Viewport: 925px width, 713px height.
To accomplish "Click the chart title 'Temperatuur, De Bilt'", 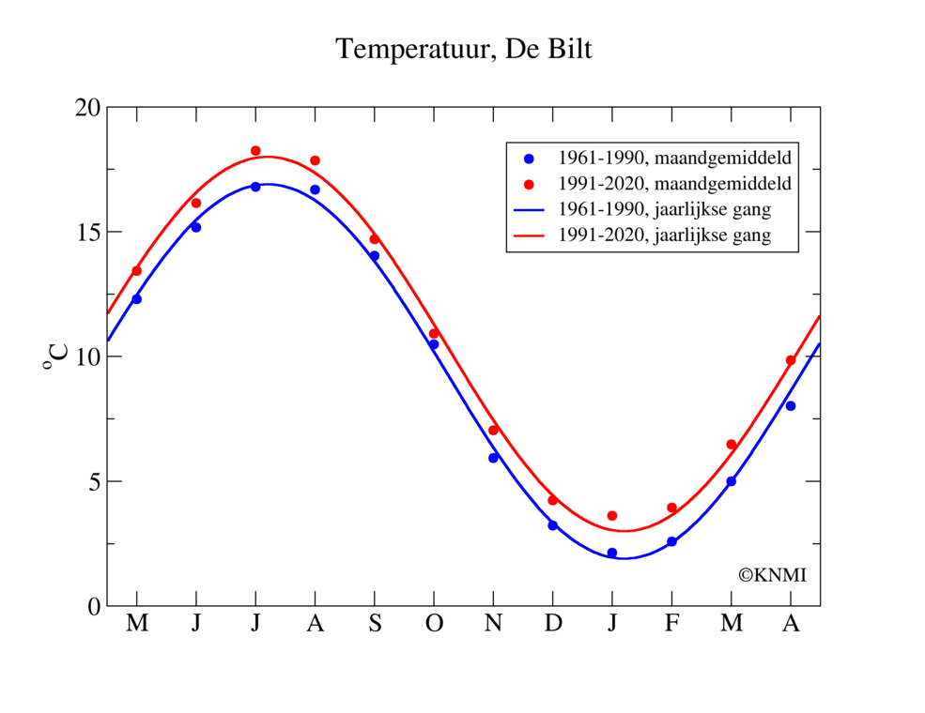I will click(464, 50).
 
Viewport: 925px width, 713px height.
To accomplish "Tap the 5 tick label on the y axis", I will click(93, 481).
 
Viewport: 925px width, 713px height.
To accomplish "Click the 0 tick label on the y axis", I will click(93, 606).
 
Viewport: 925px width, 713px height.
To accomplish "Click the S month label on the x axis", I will click(374, 624).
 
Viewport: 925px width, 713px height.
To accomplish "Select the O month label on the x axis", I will click(434, 624).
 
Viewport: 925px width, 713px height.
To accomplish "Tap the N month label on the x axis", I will click(493, 624).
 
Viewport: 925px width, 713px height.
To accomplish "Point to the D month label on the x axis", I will click(552, 624).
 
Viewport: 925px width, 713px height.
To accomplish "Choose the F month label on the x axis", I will click(671, 624).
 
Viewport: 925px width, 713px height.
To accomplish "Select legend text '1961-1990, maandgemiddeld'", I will click(673, 157).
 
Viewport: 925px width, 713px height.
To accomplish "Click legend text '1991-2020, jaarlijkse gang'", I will click(664, 235).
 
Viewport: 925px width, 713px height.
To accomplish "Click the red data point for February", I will click(671, 508).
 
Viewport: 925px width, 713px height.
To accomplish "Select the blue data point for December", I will click(552, 525).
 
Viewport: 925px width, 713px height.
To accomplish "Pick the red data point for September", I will click(374, 239).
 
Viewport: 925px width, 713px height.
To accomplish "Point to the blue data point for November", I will click(493, 458).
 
